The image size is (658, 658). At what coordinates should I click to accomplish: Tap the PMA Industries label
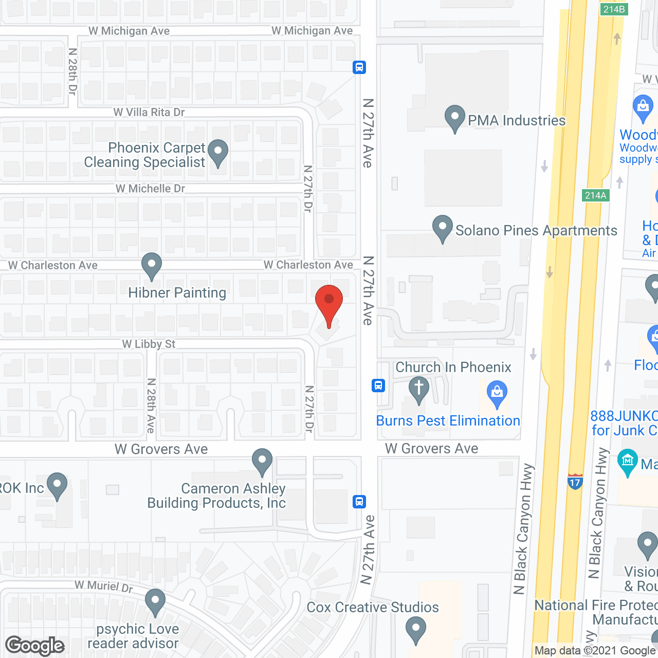tap(516, 120)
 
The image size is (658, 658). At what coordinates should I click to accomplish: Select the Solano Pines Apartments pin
tap(442, 228)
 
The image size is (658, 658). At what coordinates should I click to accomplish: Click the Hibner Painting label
tap(177, 293)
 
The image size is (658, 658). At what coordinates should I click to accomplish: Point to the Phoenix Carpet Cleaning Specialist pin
tap(218, 153)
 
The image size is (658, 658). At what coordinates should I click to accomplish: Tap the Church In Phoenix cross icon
tap(419, 389)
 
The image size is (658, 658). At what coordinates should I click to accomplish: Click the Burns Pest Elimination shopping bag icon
tap(497, 394)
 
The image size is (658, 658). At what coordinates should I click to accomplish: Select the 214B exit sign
tap(614, 9)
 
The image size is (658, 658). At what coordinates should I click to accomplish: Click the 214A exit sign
tap(596, 195)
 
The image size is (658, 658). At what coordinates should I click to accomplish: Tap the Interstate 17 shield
tap(575, 482)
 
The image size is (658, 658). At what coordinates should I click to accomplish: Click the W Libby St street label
tap(149, 344)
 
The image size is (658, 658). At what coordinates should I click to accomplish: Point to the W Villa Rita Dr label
tap(149, 112)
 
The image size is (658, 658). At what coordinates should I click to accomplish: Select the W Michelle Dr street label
tap(150, 189)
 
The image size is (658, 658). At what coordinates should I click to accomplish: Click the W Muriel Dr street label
tap(104, 586)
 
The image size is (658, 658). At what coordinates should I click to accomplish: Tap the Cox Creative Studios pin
tap(415, 630)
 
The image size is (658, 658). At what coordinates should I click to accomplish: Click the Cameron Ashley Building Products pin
tap(262, 462)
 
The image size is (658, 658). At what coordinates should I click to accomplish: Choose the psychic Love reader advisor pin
tap(155, 602)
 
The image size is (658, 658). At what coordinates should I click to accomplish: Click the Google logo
tap(35, 646)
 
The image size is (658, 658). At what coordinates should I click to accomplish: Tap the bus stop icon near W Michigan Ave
tap(359, 67)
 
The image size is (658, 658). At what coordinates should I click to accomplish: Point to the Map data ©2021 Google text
tap(595, 651)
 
